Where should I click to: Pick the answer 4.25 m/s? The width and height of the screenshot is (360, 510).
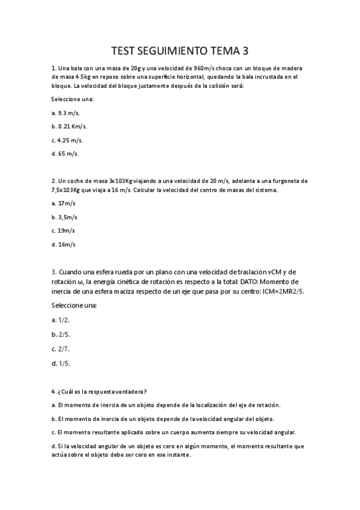(67, 140)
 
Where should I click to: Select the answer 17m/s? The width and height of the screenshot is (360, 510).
(64, 203)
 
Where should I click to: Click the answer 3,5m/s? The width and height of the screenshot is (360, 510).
(66, 217)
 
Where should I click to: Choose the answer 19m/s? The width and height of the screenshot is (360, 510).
(64, 231)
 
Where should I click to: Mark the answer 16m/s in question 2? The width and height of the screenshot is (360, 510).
(64, 245)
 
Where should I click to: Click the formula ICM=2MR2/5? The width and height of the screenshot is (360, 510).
(275, 291)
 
